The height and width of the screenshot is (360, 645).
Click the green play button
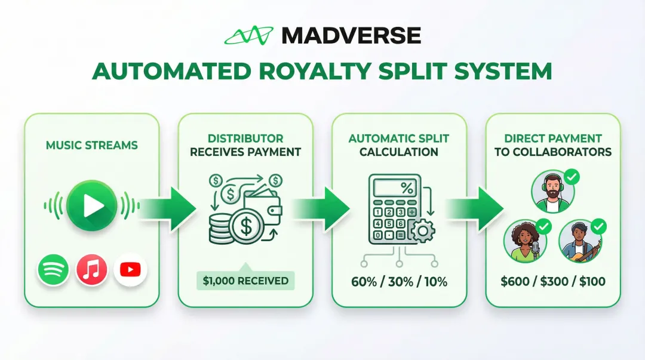click(91, 206)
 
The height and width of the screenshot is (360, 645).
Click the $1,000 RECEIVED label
click(245, 281)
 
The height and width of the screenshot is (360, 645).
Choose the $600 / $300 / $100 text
click(553, 281)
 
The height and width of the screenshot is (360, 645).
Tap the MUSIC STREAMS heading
click(91, 145)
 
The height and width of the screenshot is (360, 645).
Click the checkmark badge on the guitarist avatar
click(598, 226)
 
